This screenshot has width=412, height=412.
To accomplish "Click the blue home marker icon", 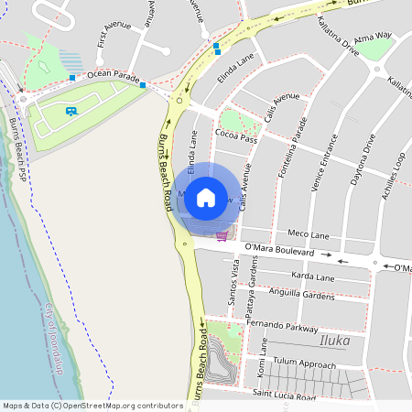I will pyautogui.click(x=206, y=197).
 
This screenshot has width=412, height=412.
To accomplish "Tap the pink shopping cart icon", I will pyautogui.click(x=222, y=235).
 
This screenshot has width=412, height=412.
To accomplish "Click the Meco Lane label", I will pyautogui.click(x=308, y=234).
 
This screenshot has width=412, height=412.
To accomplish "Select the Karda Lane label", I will pyautogui.click(x=312, y=276).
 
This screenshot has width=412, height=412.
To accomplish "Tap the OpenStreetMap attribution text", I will pyautogui.click(x=92, y=405).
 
